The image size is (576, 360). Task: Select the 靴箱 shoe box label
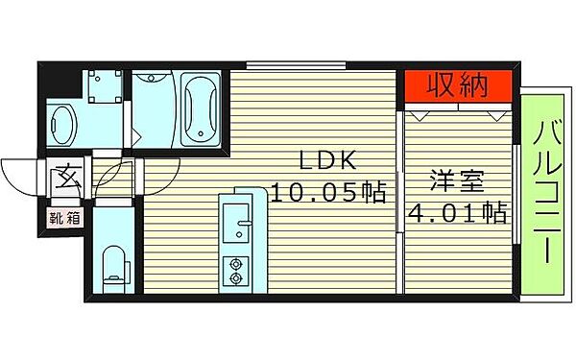click(65, 217)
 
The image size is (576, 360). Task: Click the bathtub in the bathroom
click(201, 108)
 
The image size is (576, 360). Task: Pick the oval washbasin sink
click(63, 124)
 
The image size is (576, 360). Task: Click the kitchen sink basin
click(234, 231)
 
